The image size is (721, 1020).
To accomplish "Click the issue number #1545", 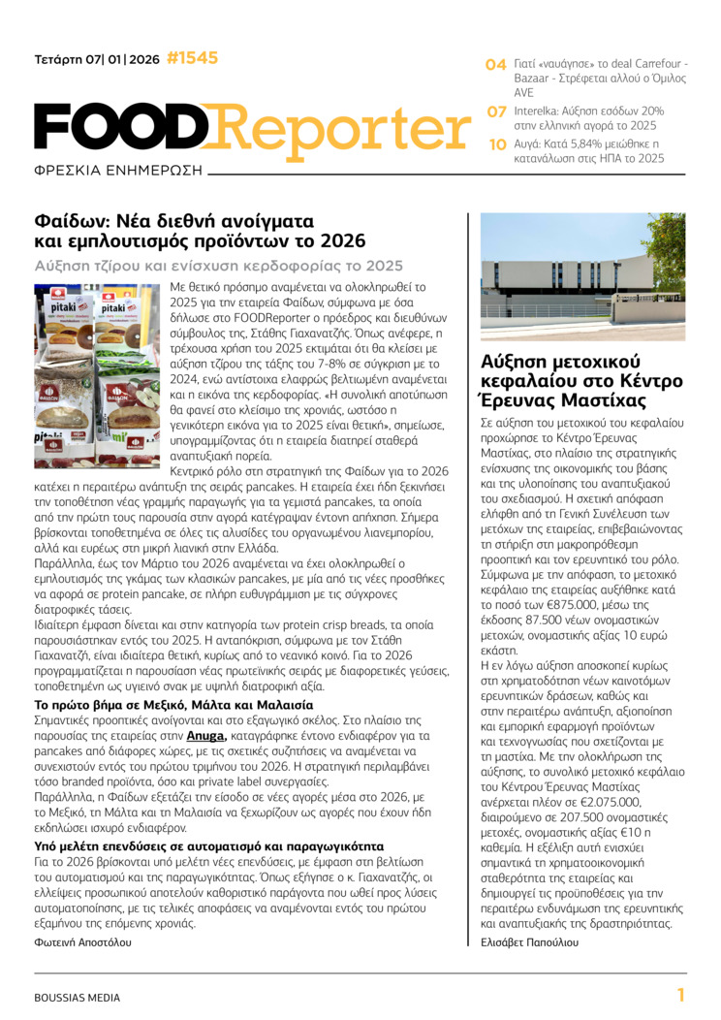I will coord(192,58).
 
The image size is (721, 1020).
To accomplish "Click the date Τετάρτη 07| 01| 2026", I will coord(97,59).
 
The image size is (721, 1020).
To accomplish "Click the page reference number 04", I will coord(496,65).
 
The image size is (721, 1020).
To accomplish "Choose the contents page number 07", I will coord(496,112).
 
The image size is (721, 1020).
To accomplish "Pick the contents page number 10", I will coord(496,144).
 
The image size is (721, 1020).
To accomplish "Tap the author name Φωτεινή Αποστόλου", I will coord(82,941).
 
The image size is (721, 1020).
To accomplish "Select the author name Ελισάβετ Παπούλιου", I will coord(529,941).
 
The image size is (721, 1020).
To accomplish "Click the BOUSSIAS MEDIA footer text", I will coord(78,997).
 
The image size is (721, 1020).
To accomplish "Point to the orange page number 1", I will coord(680,995).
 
